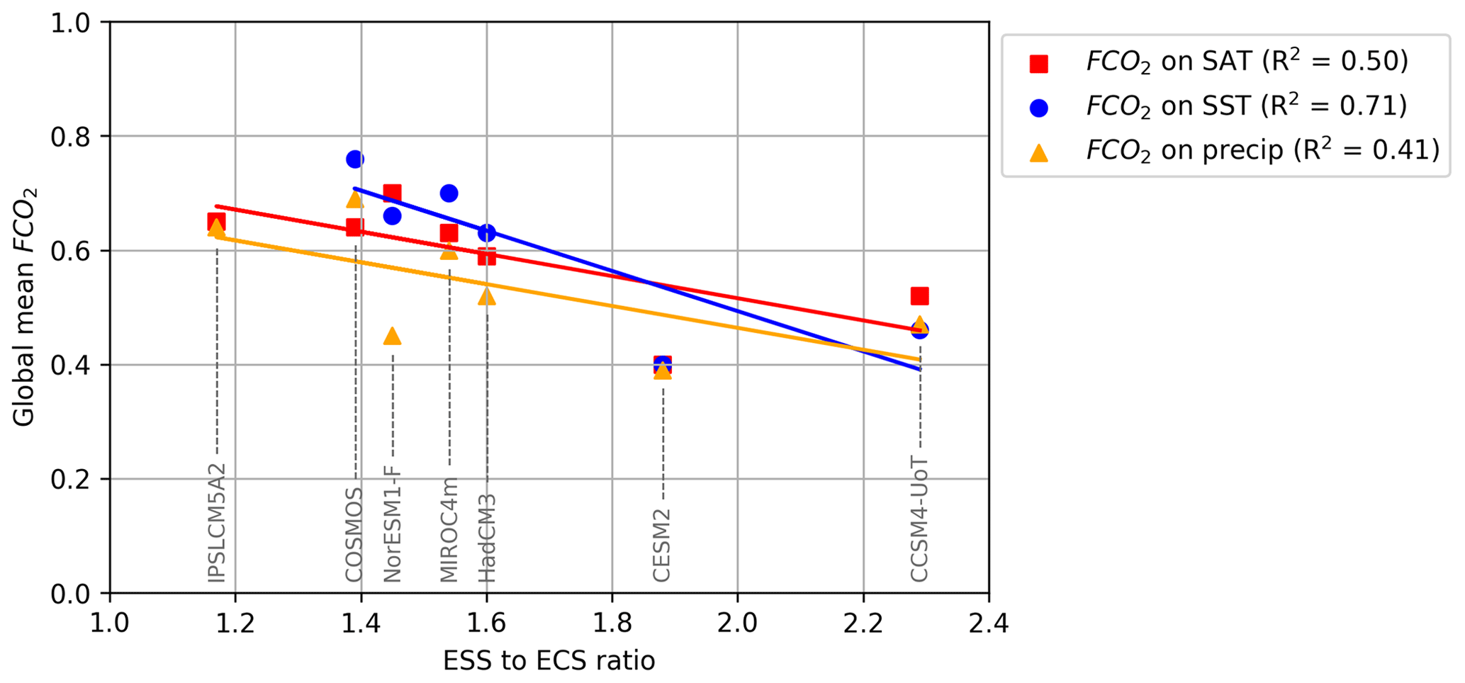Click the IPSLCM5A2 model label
pyautogui.click(x=217, y=522)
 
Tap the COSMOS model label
pyautogui.click(x=354, y=534)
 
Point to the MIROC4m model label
pyautogui.click(x=449, y=530)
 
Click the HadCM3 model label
pyautogui.click(x=487, y=538)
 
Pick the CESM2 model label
pyautogui.click(x=662, y=545)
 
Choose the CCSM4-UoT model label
pyautogui.click(x=919, y=519)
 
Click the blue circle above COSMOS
pyautogui.click(x=355, y=159)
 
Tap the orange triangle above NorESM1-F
pyautogui.click(x=392, y=336)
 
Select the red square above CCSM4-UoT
pyautogui.click(x=919, y=296)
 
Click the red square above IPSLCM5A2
pyautogui.click(x=216, y=222)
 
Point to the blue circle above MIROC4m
pyautogui.click(x=449, y=193)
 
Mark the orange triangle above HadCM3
pyautogui.click(x=487, y=296)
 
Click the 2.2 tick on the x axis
pyautogui.click(x=863, y=624)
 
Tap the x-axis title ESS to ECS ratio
pyautogui.click(x=549, y=661)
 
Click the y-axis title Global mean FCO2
pyautogui.click(x=26, y=307)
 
